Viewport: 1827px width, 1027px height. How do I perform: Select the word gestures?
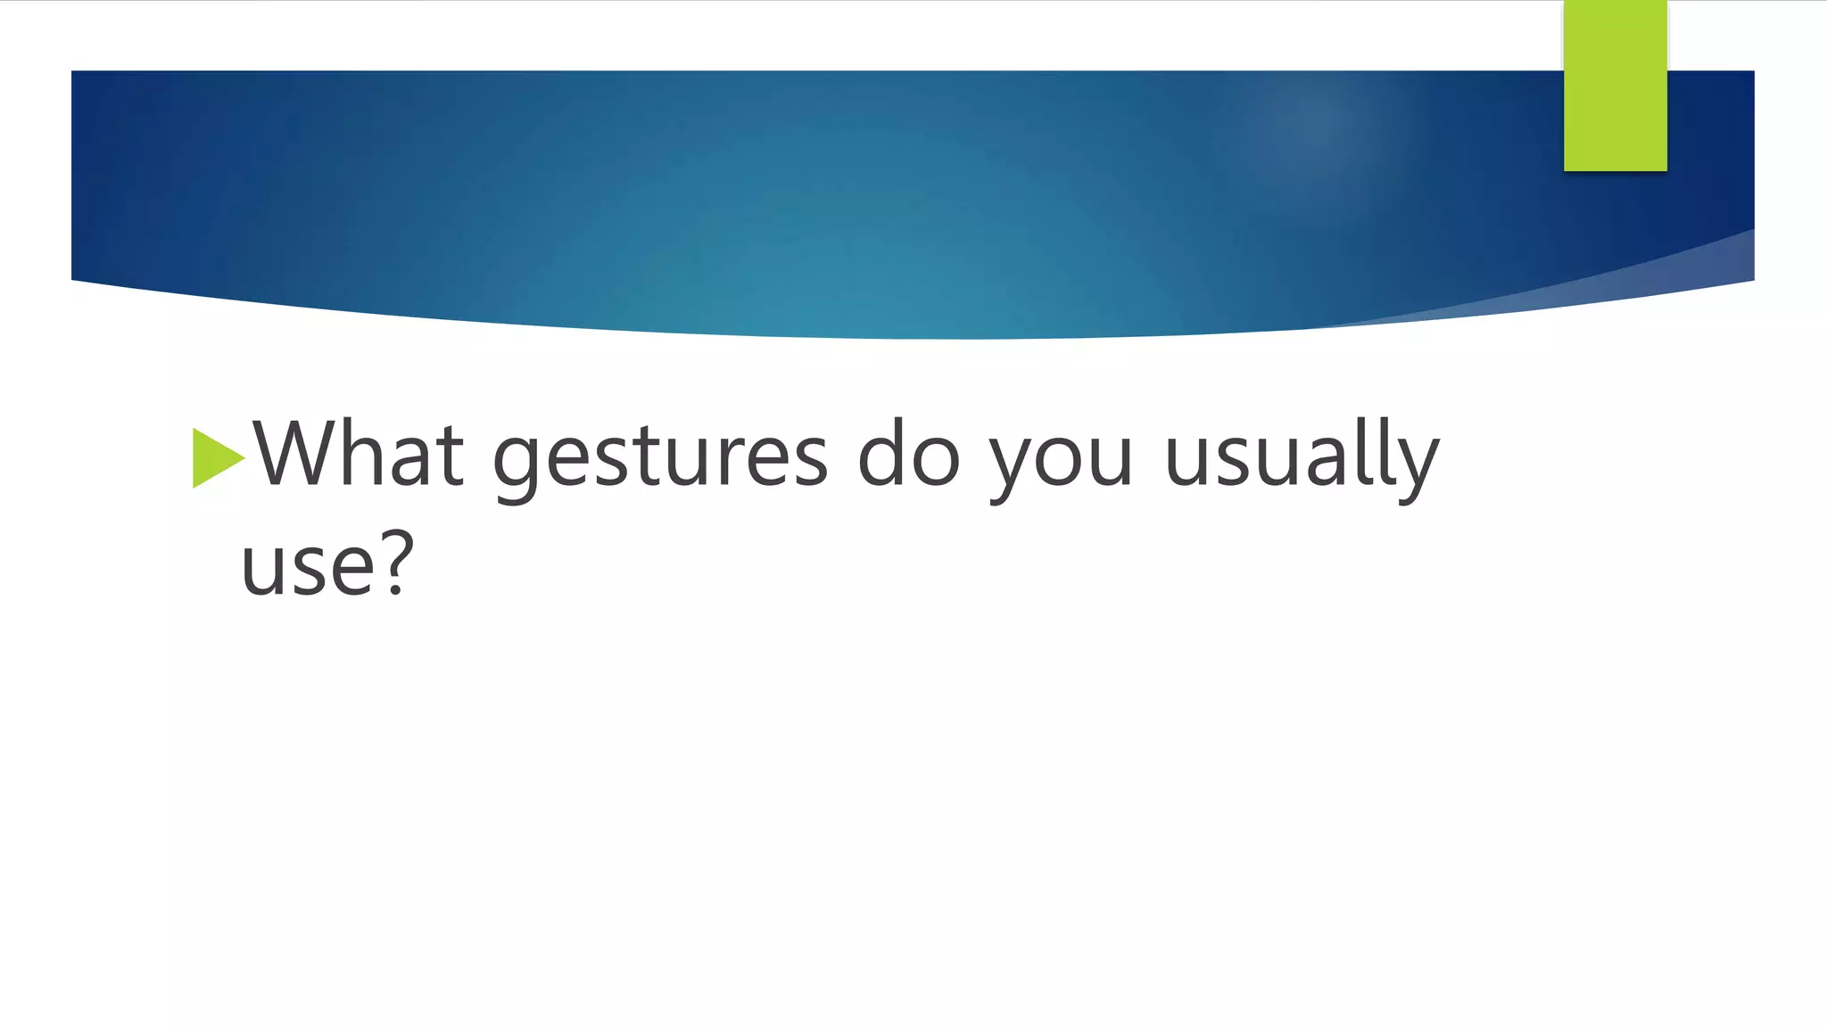coord(660,458)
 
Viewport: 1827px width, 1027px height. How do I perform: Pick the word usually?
coord(1302,456)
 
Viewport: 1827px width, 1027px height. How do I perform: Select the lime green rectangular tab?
coord(1615,86)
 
